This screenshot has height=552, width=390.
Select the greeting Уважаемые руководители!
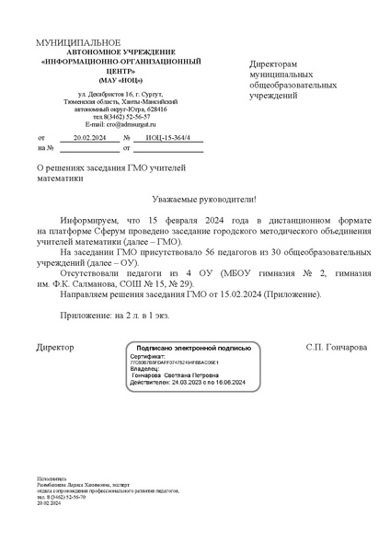tap(204, 199)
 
